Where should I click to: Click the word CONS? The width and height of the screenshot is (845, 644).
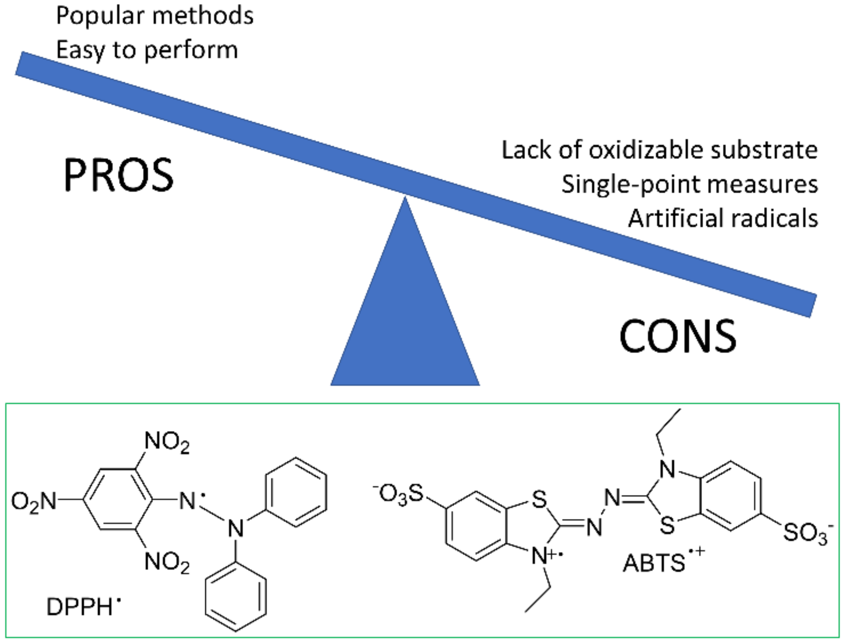[678, 336]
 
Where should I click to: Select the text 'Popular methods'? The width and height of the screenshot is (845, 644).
[155, 16]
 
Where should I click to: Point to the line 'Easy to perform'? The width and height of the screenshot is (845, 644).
[147, 50]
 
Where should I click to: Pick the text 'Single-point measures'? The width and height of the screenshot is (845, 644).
[690, 184]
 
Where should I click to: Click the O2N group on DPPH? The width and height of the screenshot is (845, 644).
[34, 502]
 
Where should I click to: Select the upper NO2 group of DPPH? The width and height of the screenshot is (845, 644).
[167, 442]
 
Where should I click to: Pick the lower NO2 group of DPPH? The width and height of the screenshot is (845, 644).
[167, 563]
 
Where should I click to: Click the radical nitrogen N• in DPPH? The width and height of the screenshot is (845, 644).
[189, 501]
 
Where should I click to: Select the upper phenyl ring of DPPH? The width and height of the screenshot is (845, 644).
[296, 492]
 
